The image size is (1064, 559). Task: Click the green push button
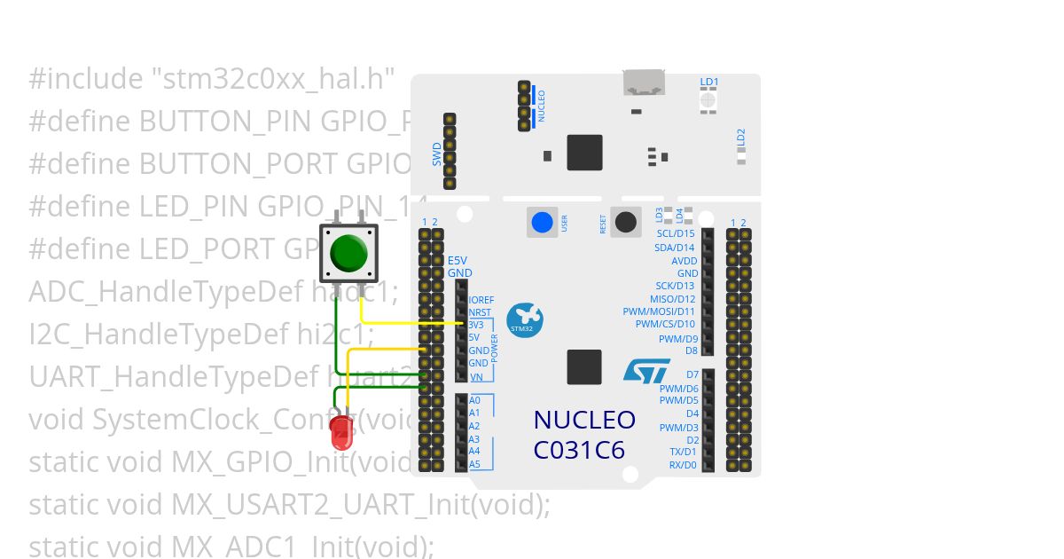tap(348, 254)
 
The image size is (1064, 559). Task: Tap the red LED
tap(341, 433)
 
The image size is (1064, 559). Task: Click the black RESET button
tap(626, 222)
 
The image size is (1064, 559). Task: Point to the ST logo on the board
tap(646, 370)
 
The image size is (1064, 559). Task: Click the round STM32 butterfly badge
tap(524, 320)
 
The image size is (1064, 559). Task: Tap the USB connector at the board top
tap(645, 83)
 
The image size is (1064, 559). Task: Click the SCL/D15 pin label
tap(676, 233)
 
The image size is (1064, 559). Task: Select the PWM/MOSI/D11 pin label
tap(659, 311)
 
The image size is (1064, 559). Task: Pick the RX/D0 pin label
tap(683, 465)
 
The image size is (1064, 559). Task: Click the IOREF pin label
tap(481, 301)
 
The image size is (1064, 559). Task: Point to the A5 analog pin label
tap(474, 464)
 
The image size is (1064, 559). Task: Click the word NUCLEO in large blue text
tap(584, 420)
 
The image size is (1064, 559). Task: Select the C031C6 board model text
tap(579, 451)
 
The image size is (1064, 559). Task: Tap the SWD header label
tap(437, 156)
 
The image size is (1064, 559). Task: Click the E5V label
tap(457, 260)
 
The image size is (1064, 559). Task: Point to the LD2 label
tap(741, 137)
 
